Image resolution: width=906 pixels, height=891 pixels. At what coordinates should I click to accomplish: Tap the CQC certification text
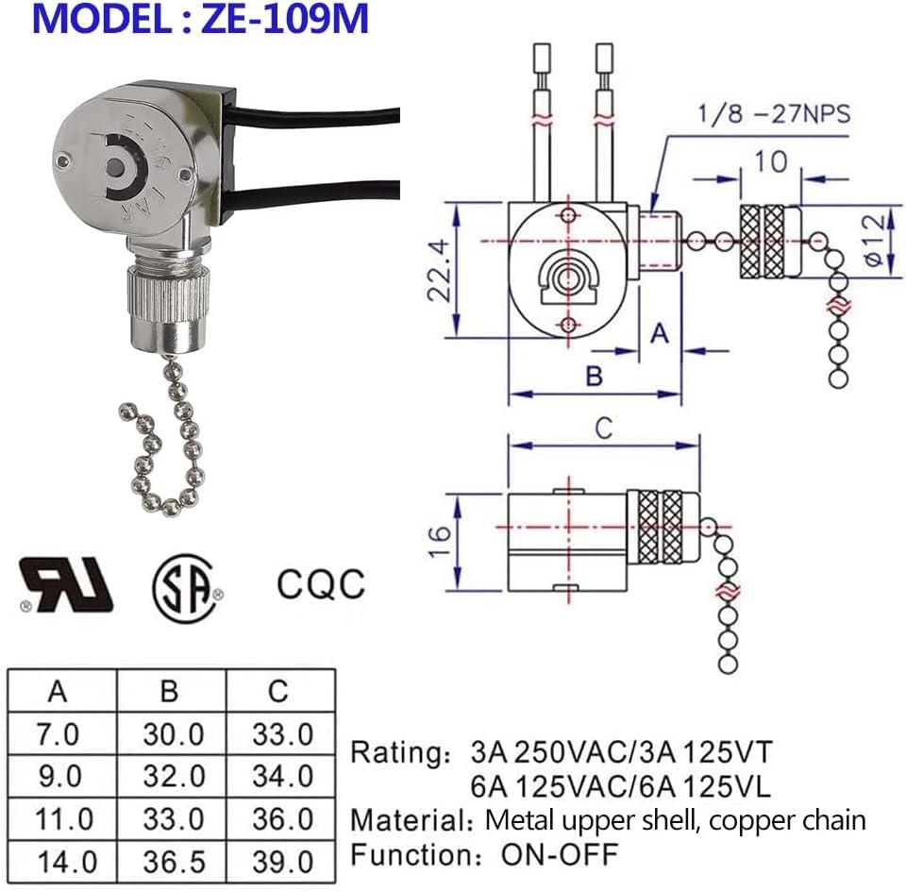(320, 583)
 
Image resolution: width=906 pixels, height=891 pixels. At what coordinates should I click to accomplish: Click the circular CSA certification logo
(185, 586)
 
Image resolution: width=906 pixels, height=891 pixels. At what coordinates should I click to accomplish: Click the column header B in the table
(170, 692)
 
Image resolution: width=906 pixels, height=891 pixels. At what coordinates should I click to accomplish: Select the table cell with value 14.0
(63, 862)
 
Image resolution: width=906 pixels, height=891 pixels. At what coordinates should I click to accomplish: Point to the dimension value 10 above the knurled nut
(772, 161)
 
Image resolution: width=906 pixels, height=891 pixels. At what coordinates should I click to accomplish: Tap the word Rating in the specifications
(394, 753)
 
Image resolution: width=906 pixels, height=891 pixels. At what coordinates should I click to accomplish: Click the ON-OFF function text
(559, 855)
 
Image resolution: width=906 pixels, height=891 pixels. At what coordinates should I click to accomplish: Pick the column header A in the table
(59, 692)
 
